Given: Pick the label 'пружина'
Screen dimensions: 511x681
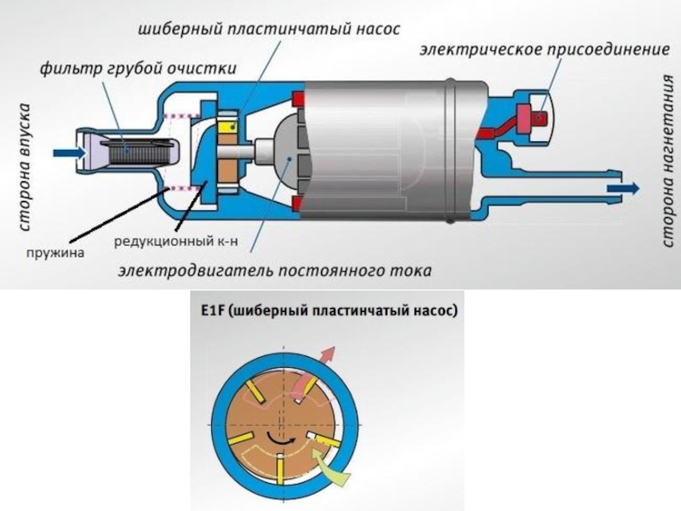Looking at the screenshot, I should (49, 252).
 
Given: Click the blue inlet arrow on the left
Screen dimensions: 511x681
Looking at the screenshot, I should (66, 152).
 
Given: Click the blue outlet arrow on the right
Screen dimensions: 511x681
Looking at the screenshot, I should (624, 187).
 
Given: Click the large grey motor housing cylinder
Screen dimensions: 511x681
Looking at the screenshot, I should (383, 149).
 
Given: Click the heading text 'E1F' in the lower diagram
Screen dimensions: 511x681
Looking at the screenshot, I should (209, 311).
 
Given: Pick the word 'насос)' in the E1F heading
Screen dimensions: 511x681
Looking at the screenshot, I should (437, 311).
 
